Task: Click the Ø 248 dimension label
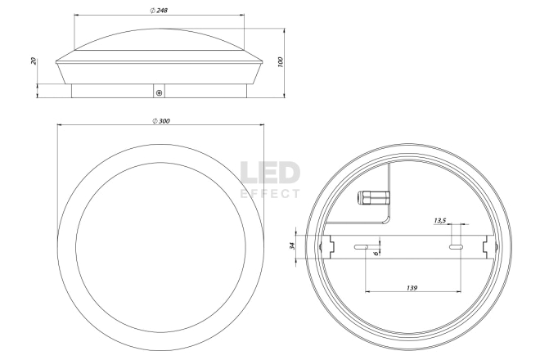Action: click(x=159, y=11)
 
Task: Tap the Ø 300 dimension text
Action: click(x=161, y=121)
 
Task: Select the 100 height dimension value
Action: click(x=280, y=62)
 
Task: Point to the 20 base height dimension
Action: click(x=34, y=61)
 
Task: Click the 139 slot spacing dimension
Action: click(x=412, y=288)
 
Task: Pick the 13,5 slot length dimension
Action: click(x=440, y=220)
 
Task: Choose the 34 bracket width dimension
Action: click(x=292, y=246)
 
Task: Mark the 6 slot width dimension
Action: click(x=376, y=253)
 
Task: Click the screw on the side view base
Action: click(x=159, y=93)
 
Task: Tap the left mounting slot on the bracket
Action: click(x=361, y=246)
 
